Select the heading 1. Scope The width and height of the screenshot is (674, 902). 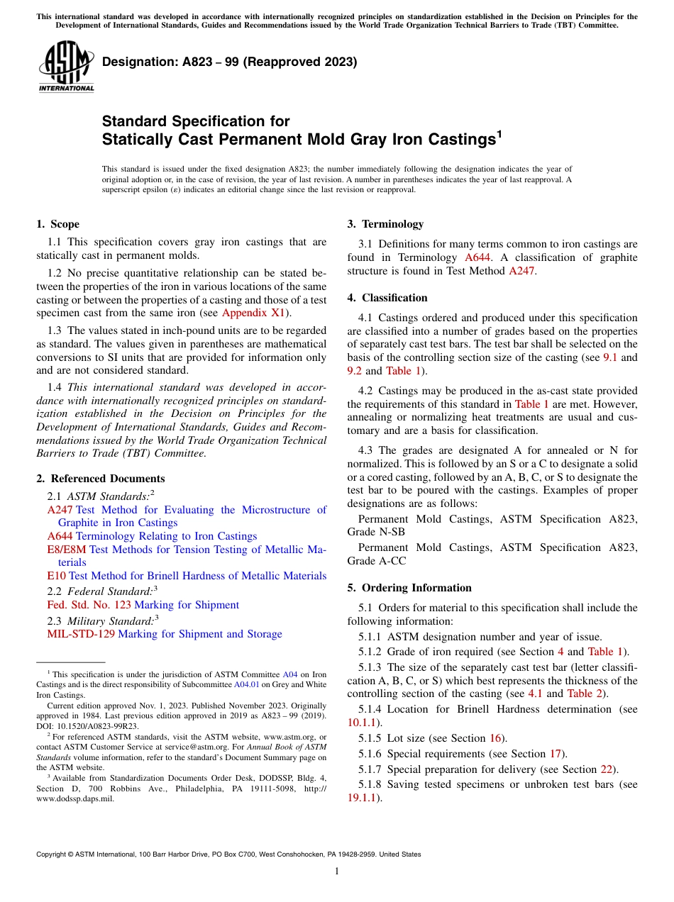coord(57,224)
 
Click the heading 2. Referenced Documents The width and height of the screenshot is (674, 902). coord(100,479)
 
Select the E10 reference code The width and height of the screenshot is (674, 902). coord(56,576)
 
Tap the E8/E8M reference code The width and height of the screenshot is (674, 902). coord(67,550)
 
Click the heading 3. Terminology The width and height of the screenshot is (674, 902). coord(385,224)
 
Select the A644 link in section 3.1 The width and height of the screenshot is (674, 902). coord(481,257)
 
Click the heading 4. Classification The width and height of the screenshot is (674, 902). coord(387,298)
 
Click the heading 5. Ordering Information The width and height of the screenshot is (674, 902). coord(409,588)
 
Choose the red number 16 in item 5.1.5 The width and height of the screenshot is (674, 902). coord(495,738)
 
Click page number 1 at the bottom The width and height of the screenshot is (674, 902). coord(337,871)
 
